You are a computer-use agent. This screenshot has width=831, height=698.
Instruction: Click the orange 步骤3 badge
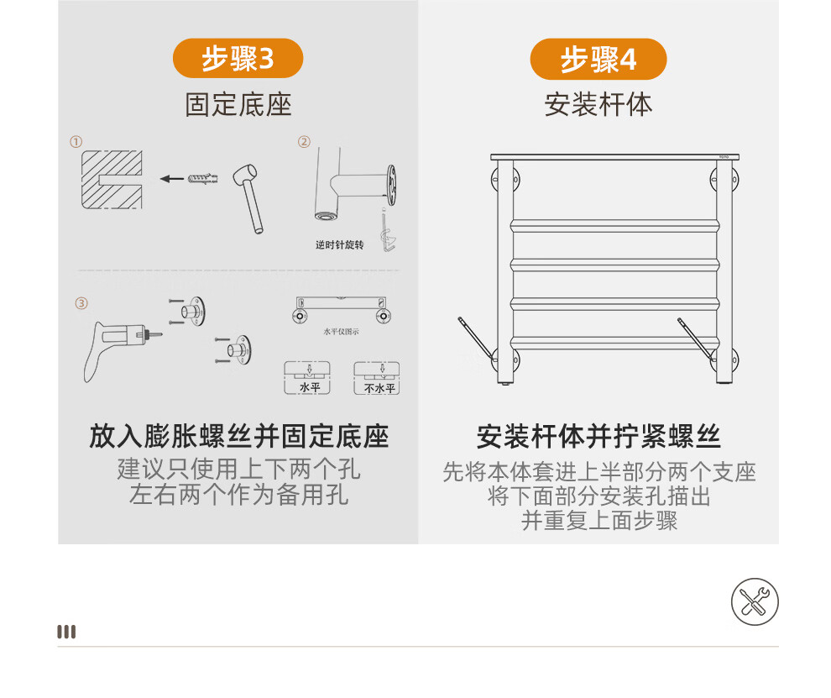238,58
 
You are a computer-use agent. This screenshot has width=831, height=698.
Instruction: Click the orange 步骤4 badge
598,59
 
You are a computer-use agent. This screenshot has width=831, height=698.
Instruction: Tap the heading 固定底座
238,104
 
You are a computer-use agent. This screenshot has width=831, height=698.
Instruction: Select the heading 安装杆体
598,104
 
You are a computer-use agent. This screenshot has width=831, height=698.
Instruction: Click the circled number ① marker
76,142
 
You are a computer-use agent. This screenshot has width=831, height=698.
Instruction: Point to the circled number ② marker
304,142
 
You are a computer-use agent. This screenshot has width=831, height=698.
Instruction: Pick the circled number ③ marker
81,303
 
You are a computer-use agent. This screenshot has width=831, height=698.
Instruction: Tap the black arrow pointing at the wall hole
172,179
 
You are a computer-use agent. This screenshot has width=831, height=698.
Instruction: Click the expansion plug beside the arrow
203,178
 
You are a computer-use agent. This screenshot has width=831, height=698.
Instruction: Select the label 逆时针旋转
340,245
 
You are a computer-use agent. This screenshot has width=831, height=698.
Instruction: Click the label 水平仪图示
342,332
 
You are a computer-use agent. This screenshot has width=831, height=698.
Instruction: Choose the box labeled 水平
307,378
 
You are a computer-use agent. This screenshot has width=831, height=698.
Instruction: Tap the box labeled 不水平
377,378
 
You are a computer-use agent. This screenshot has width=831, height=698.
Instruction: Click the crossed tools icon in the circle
755,602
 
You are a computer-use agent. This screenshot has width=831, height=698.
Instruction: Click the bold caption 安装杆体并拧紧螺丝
598,437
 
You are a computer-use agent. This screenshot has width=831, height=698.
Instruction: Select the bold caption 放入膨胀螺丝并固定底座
239,437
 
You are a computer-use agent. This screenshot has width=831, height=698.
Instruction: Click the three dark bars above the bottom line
66,632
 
